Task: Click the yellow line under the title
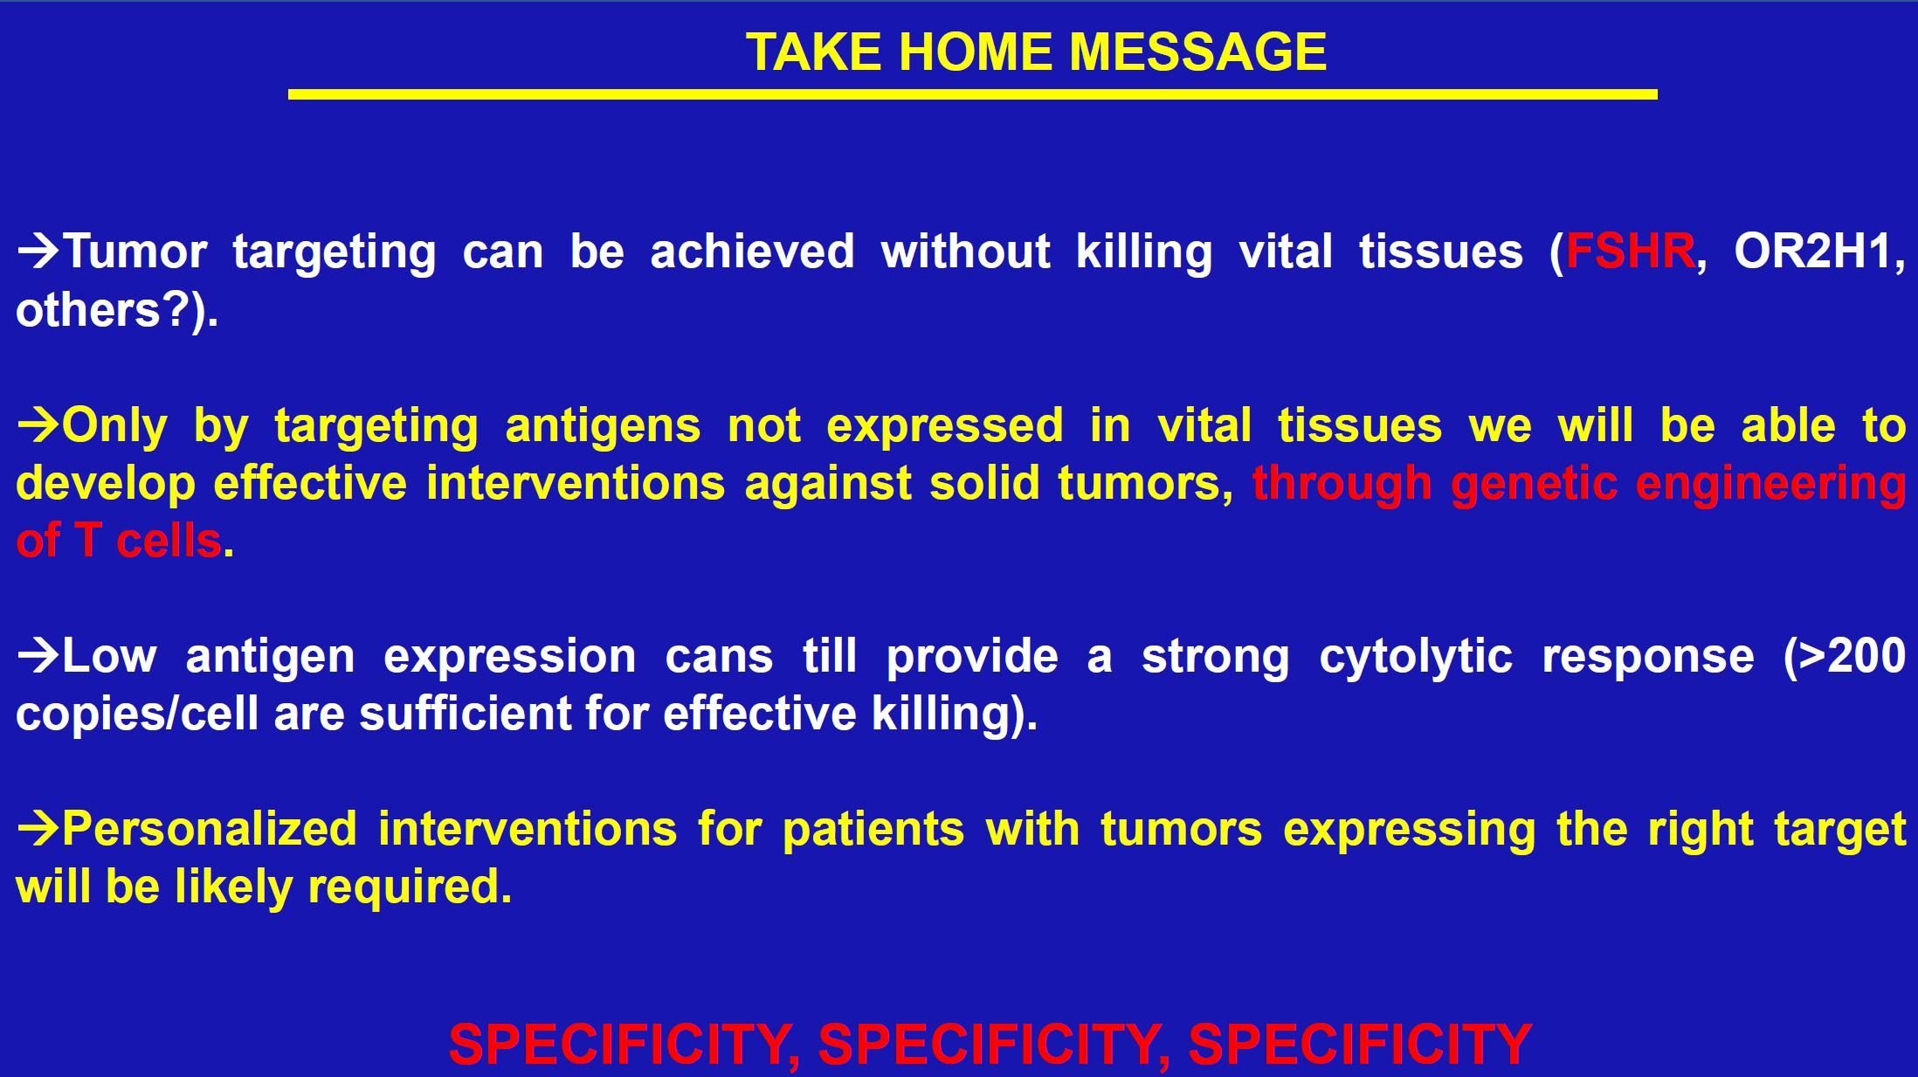[972, 94]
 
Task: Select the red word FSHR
[1630, 252]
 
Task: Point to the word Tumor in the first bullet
[135, 252]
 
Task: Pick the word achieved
[752, 252]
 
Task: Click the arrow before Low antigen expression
[38, 657]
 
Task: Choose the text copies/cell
[137, 714]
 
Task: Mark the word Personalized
[210, 829]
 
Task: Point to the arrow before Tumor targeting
[38, 252]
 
